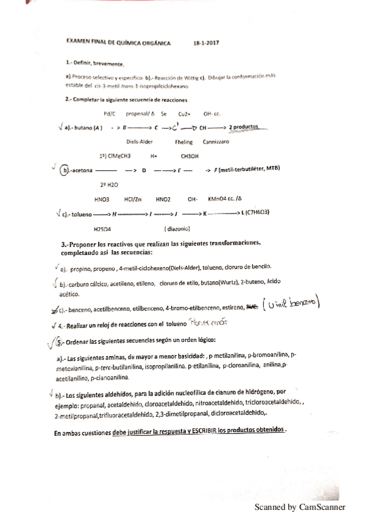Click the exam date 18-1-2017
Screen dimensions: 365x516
[206, 43]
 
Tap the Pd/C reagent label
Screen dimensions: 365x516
[110, 114]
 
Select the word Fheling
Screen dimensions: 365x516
[184, 142]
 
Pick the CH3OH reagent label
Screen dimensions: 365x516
[190, 156]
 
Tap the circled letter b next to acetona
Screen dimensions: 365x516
[65, 171]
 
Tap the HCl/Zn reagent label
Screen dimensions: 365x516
[133, 200]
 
